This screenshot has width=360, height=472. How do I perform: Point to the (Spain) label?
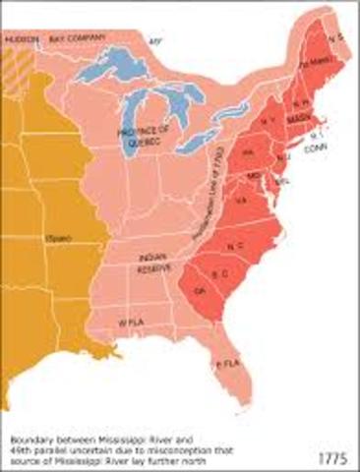57,237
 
